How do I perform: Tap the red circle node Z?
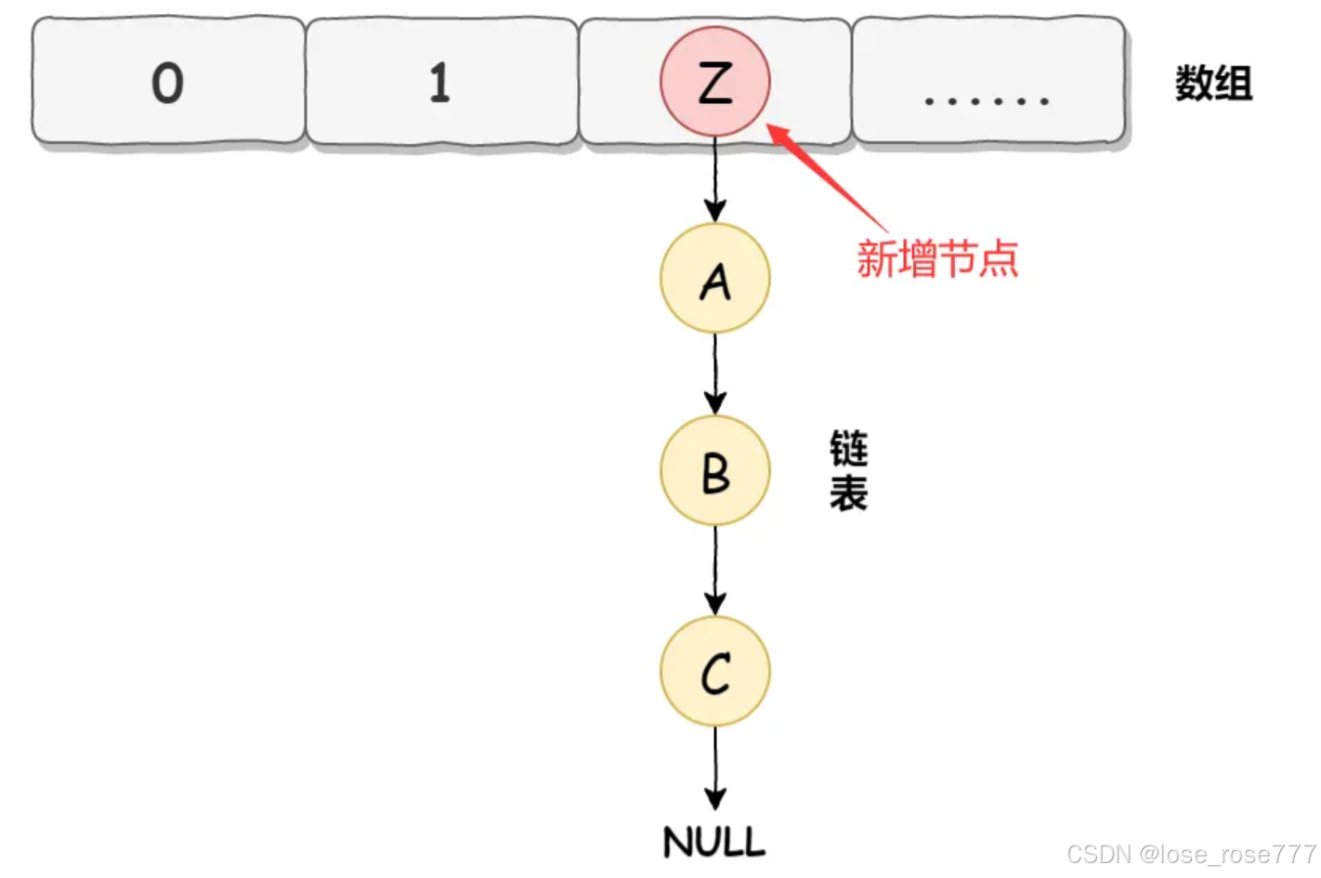tap(714, 82)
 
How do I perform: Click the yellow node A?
tap(714, 279)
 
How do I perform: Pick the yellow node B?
tap(714, 471)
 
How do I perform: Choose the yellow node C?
tap(714, 671)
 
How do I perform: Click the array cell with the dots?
tap(987, 82)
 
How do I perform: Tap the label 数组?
tap(1213, 84)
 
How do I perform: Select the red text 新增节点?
tap(937, 258)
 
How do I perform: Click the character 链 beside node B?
tap(848, 449)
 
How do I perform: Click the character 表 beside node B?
tap(848, 493)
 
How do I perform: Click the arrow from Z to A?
tap(714, 179)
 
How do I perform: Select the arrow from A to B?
tap(714, 373)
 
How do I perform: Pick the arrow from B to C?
tap(714, 570)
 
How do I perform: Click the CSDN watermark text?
tap(1191, 854)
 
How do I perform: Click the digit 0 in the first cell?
tap(167, 83)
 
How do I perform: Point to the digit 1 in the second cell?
tap(439, 83)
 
